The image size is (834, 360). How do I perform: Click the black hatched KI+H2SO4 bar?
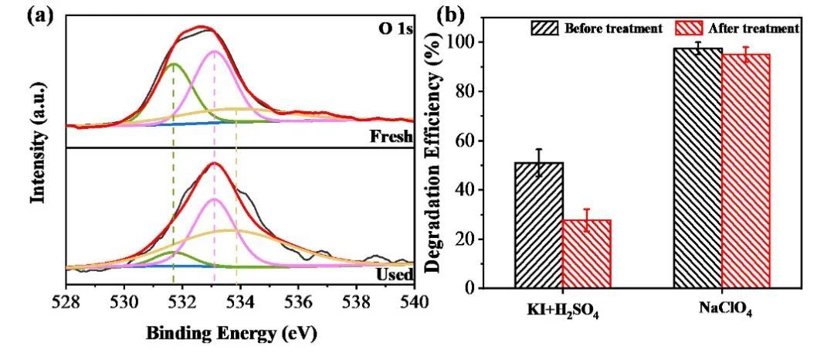(x=538, y=225)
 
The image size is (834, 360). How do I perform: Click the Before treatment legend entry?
(x=597, y=29)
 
